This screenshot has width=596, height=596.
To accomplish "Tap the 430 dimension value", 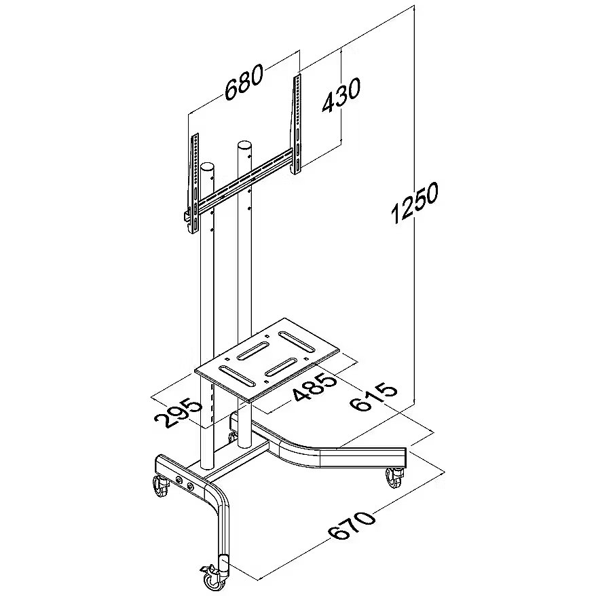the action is click(341, 95).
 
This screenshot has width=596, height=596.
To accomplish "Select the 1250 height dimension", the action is click(415, 202).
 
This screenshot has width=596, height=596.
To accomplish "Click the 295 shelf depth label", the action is click(178, 413).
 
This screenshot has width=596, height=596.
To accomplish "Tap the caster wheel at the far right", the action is click(394, 477).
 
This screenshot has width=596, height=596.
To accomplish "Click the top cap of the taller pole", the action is click(244, 145).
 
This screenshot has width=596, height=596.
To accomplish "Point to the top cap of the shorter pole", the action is click(207, 166).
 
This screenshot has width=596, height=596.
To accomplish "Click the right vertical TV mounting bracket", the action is click(297, 124).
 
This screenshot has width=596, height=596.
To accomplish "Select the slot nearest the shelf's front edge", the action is click(237, 375).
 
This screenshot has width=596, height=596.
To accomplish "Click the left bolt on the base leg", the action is click(179, 480).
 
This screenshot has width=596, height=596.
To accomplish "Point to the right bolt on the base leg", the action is click(191, 486).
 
